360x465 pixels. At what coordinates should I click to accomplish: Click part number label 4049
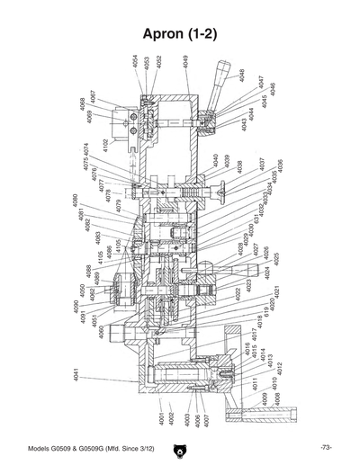pyautogui.click(x=185, y=62)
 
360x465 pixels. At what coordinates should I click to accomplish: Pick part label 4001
pyautogui.click(x=162, y=419)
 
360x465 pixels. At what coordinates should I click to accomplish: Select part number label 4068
pyautogui.click(x=82, y=103)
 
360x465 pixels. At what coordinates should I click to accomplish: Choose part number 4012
pyautogui.click(x=280, y=368)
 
